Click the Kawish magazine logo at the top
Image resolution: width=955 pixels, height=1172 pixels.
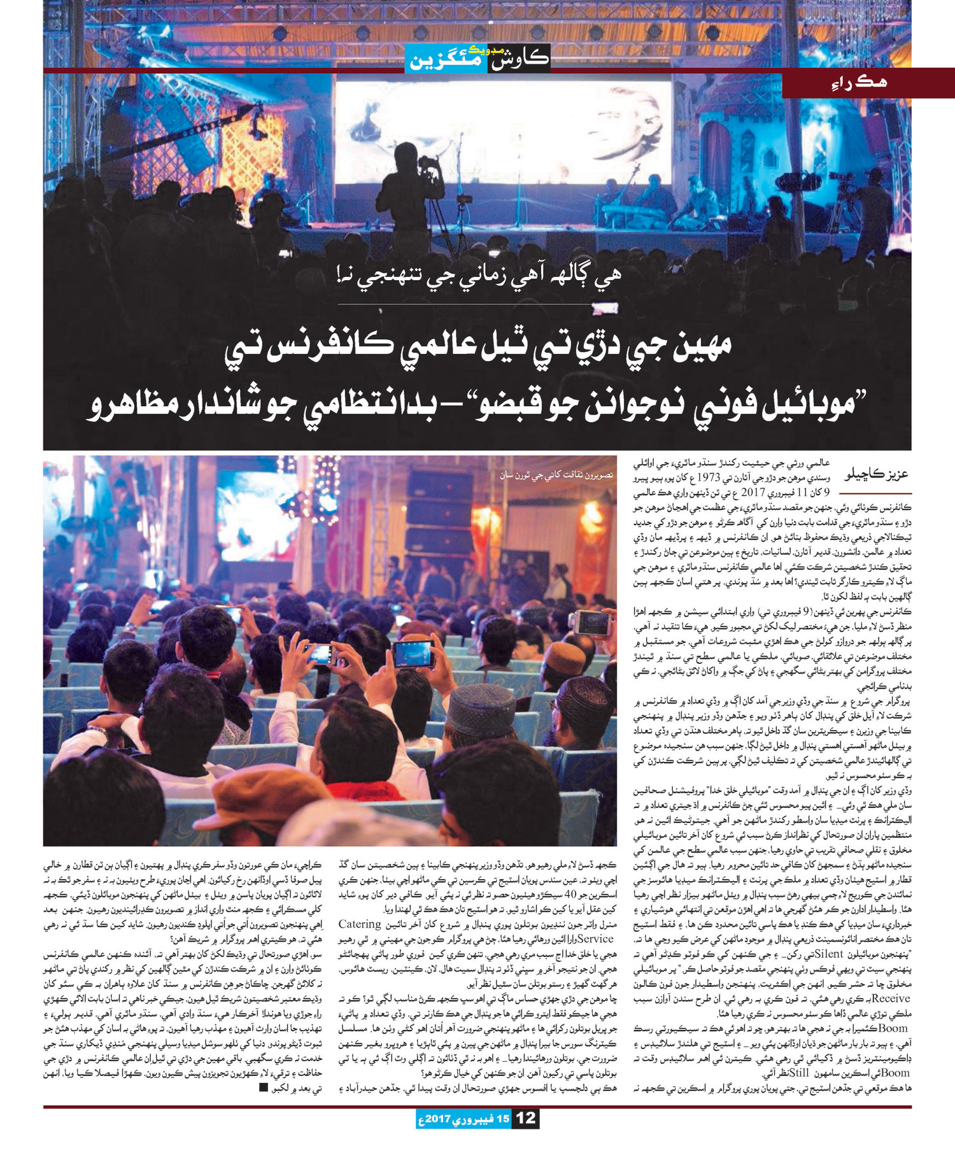click(x=478, y=59)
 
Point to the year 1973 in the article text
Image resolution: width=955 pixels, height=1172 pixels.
click(x=715, y=477)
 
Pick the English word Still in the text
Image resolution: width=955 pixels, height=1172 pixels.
click(x=728, y=1073)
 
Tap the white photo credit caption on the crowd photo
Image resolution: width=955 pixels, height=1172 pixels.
click(x=553, y=474)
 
